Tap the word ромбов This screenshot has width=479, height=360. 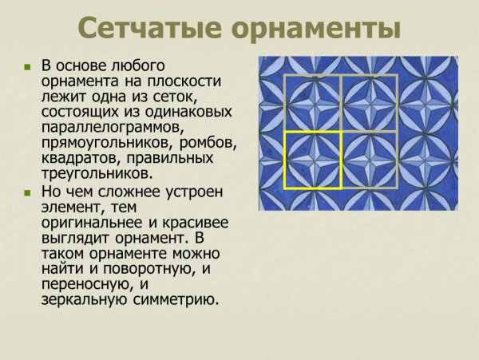tap(208, 142)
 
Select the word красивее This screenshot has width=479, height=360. tap(195, 224)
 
